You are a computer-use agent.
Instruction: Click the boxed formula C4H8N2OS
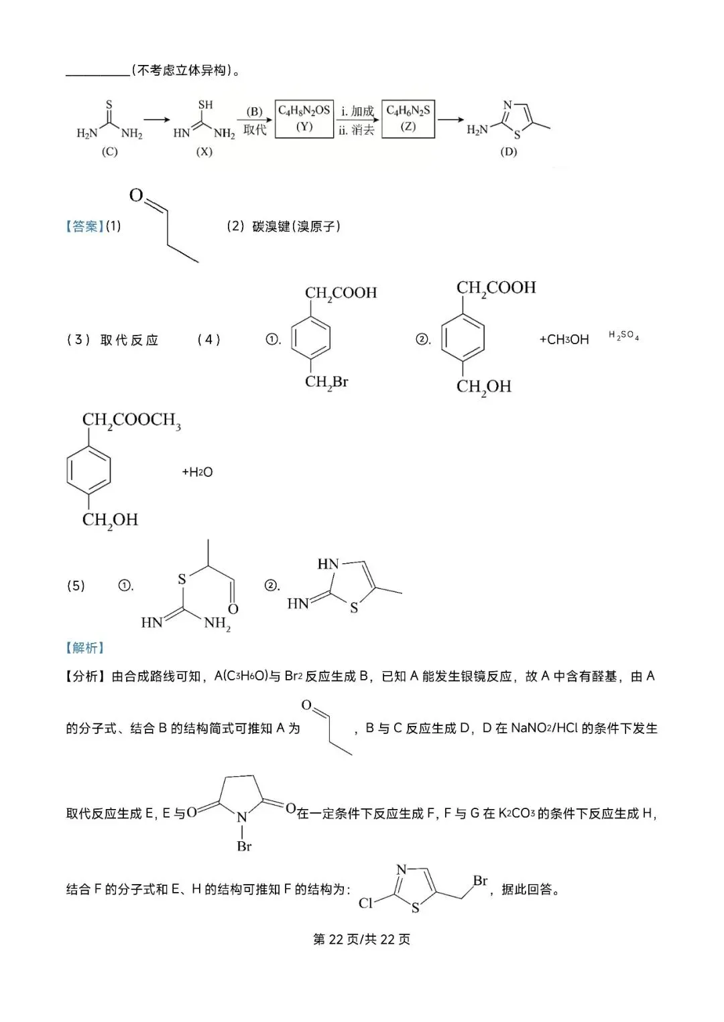(x=304, y=111)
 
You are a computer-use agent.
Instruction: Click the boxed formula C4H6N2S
(x=408, y=111)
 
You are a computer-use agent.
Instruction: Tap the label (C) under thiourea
(x=110, y=151)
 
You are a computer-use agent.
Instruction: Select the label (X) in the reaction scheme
(x=204, y=151)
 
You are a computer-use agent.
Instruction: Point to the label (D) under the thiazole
(x=508, y=151)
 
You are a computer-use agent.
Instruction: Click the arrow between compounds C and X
(x=157, y=120)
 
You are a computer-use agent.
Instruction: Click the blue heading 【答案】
(x=85, y=226)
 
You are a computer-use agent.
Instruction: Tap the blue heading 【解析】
(x=85, y=648)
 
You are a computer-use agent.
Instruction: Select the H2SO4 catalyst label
(x=623, y=336)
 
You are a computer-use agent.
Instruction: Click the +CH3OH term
(x=564, y=340)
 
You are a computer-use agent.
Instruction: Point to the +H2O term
(x=197, y=471)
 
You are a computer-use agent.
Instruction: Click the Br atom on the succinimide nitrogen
(x=245, y=847)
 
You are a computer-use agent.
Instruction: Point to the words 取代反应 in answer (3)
(x=129, y=340)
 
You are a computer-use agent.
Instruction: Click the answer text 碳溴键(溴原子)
(x=296, y=226)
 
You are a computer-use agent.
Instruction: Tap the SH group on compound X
(x=206, y=105)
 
